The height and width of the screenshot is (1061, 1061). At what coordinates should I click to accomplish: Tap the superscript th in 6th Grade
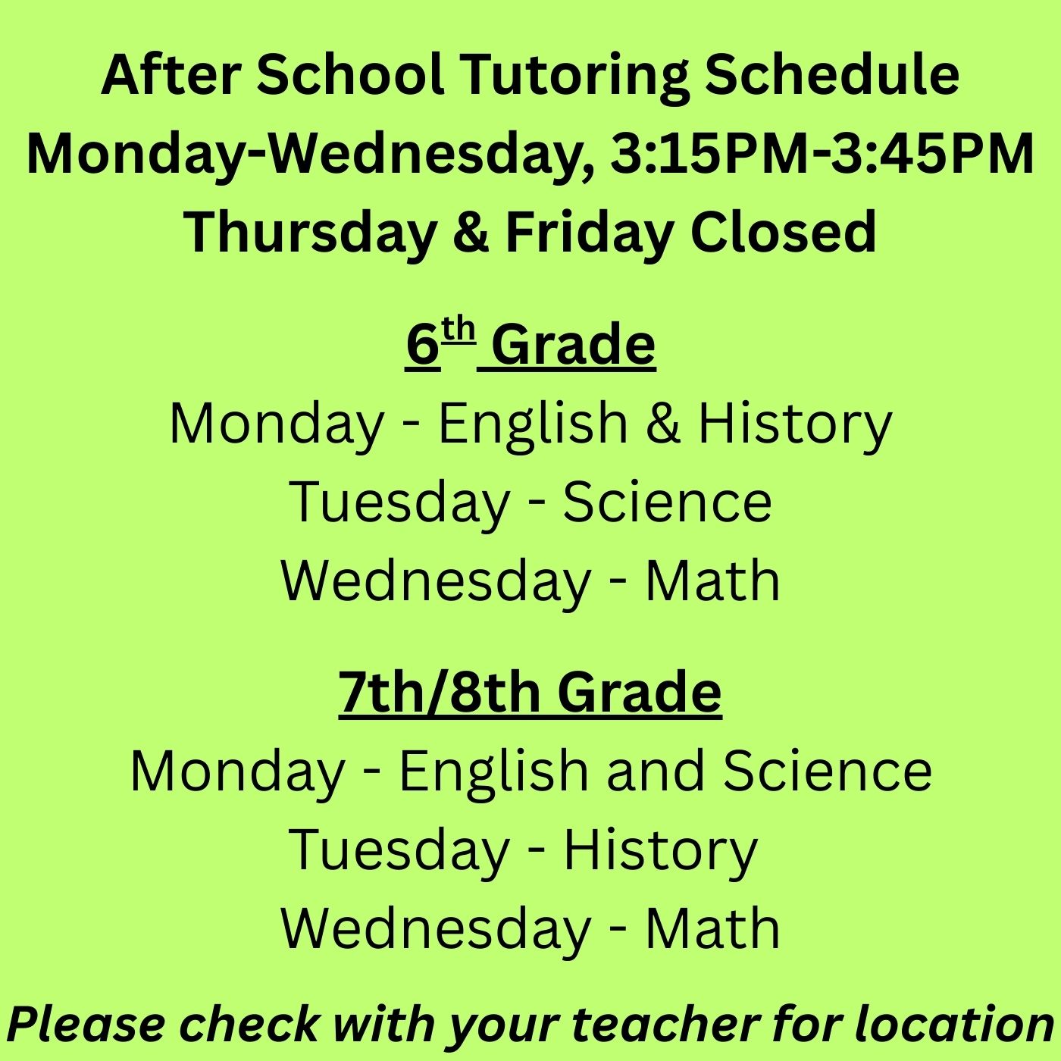click(459, 332)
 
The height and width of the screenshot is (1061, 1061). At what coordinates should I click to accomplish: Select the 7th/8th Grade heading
click(530, 692)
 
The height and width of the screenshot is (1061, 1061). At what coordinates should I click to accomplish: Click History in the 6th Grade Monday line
click(795, 423)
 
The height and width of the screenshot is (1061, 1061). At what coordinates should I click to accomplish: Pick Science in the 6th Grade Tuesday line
click(667, 502)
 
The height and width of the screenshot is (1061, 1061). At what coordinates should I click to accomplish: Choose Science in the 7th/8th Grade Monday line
click(827, 771)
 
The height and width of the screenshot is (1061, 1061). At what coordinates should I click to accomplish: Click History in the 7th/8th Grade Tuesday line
click(660, 850)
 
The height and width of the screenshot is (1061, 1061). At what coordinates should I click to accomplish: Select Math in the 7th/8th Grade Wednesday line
click(712, 928)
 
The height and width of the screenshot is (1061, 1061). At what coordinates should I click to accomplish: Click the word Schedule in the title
click(831, 76)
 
